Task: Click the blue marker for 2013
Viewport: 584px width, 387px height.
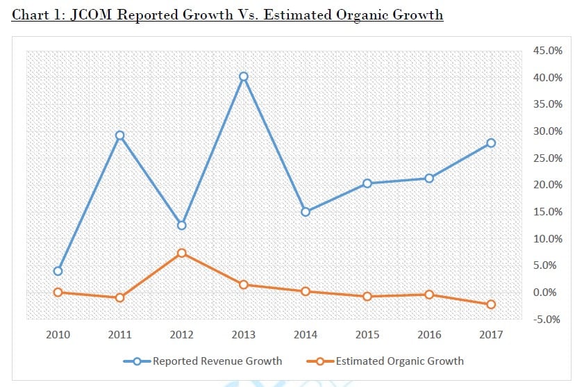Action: coord(243,76)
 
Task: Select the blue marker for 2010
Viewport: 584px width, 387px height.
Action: coord(58,271)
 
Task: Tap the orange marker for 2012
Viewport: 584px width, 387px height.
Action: coord(181,253)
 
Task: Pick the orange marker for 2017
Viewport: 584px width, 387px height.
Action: coord(491,304)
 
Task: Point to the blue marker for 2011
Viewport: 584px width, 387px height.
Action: coord(119,135)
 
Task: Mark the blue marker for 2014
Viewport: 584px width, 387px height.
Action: coord(305,212)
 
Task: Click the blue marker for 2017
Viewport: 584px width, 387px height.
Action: coord(491,143)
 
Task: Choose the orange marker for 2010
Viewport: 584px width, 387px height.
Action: coord(58,293)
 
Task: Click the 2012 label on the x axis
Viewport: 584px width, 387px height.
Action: coord(181,335)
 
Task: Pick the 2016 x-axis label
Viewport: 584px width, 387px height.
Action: coord(429,335)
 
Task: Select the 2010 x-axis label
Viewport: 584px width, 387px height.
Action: coord(58,335)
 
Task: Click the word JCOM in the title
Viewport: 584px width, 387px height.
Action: coord(94,15)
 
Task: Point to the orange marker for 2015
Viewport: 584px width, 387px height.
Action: coord(367,297)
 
